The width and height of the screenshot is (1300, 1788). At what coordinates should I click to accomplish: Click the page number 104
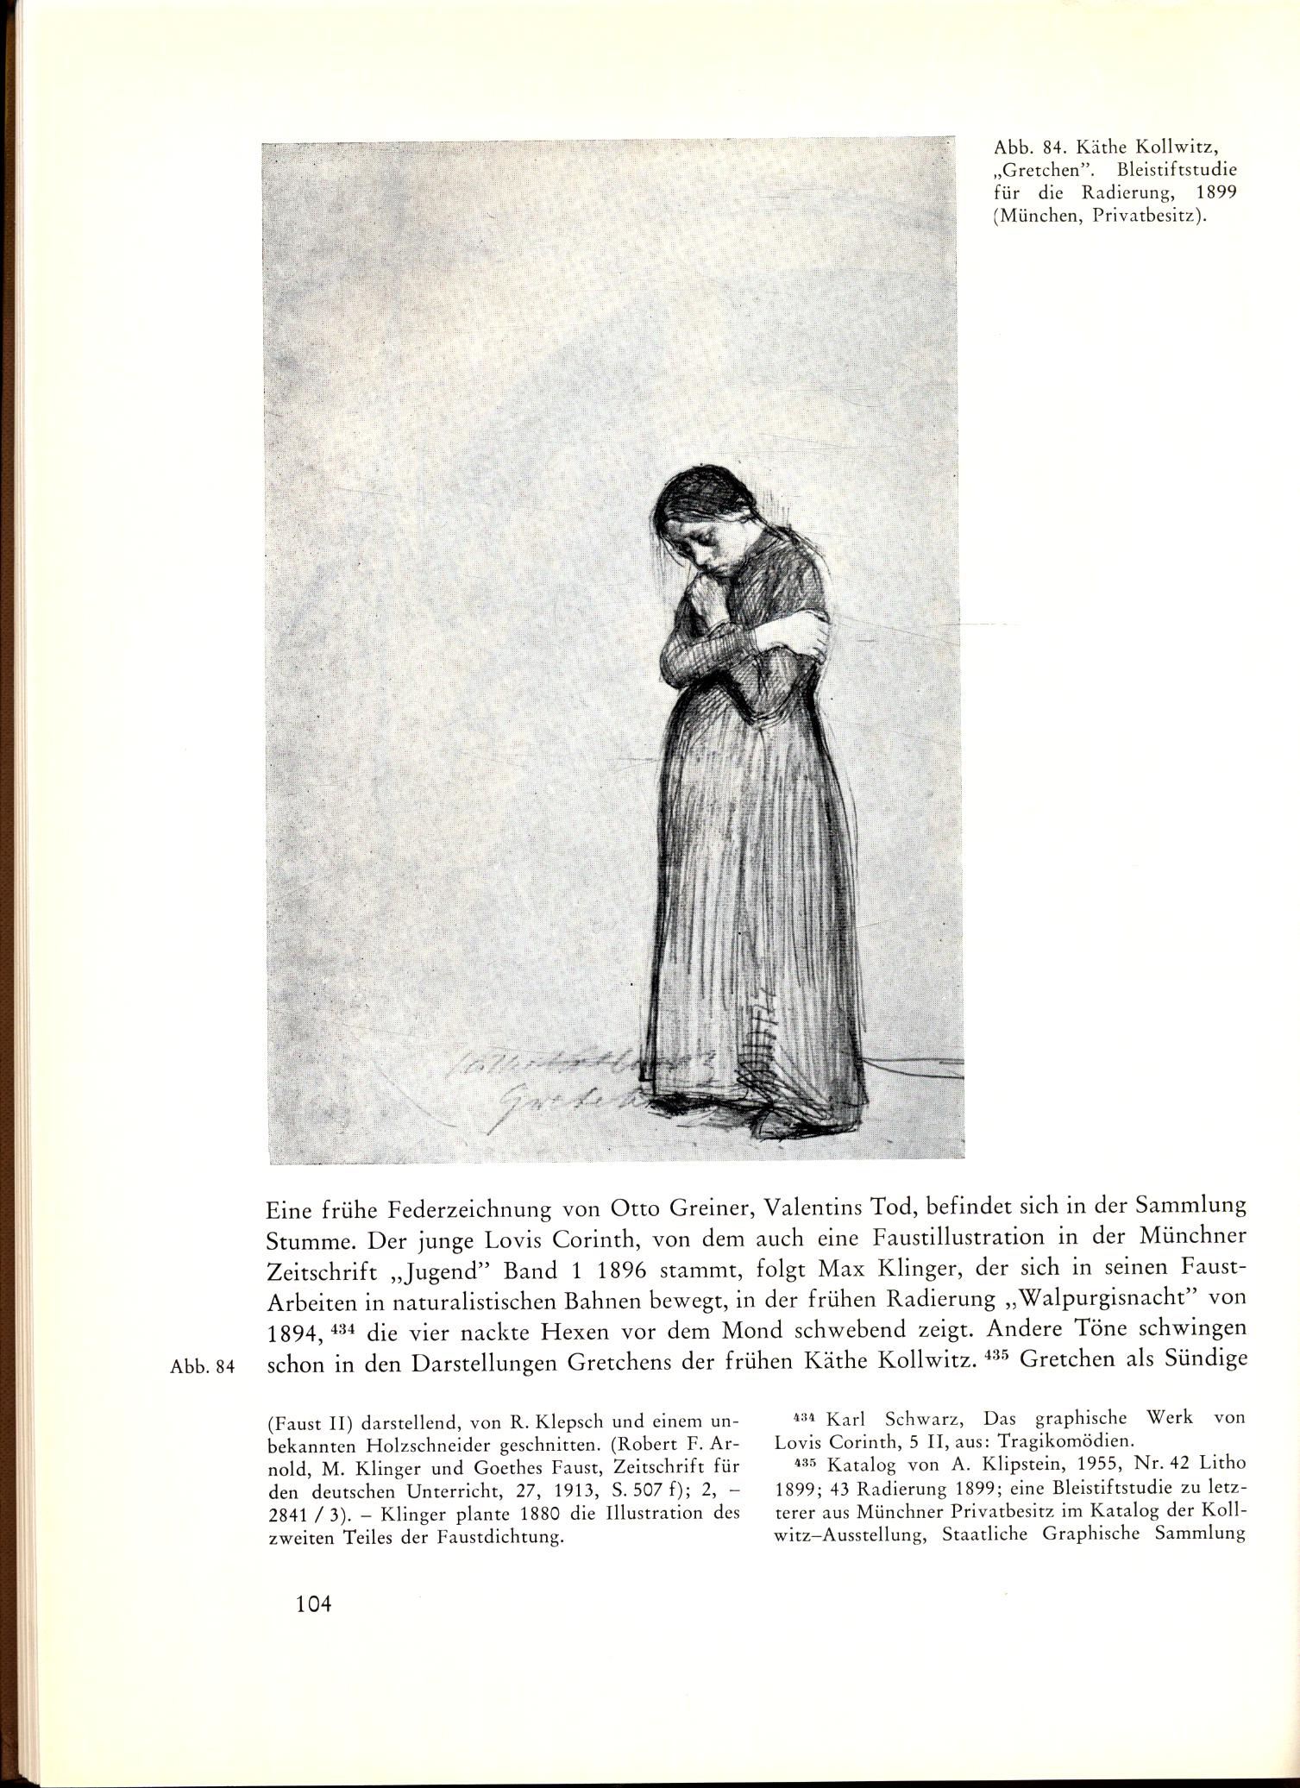(313, 1628)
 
